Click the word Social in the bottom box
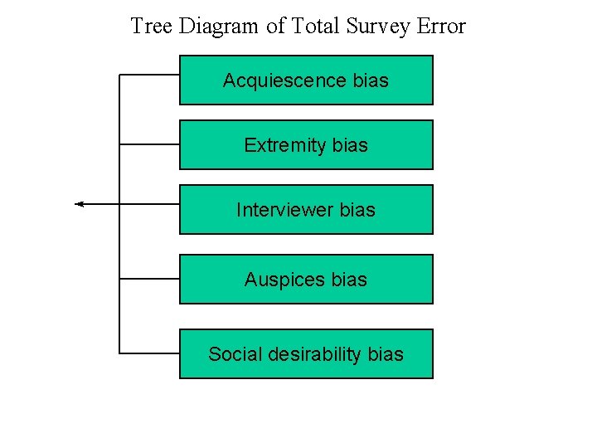tap(232, 354)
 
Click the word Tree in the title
tap(152, 26)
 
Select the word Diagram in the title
tap(220, 27)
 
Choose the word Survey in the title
tap(379, 27)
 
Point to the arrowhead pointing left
tap(79, 203)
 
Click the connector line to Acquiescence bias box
tap(149, 75)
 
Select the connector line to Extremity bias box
tap(149, 144)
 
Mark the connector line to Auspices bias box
tap(149, 279)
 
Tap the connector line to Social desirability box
tap(149, 353)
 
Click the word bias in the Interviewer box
tap(357, 210)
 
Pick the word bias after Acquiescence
tap(371, 80)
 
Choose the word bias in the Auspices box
tap(349, 280)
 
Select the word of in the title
tap(276, 26)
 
